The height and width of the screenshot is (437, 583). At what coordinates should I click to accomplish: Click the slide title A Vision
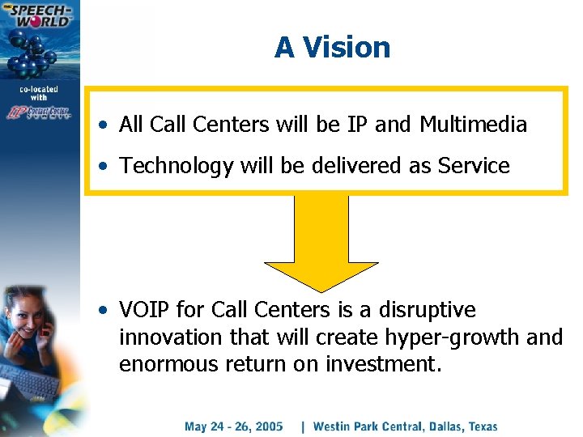coord(332,48)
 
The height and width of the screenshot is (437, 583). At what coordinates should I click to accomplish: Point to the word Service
coord(474,166)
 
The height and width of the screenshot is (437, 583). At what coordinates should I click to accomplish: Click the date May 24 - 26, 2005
coord(233,426)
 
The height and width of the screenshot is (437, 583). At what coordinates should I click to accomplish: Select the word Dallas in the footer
coord(436,426)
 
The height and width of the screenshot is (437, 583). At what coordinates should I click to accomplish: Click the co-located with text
coord(39,92)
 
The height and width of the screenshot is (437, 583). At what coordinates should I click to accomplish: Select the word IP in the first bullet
coord(357,125)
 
